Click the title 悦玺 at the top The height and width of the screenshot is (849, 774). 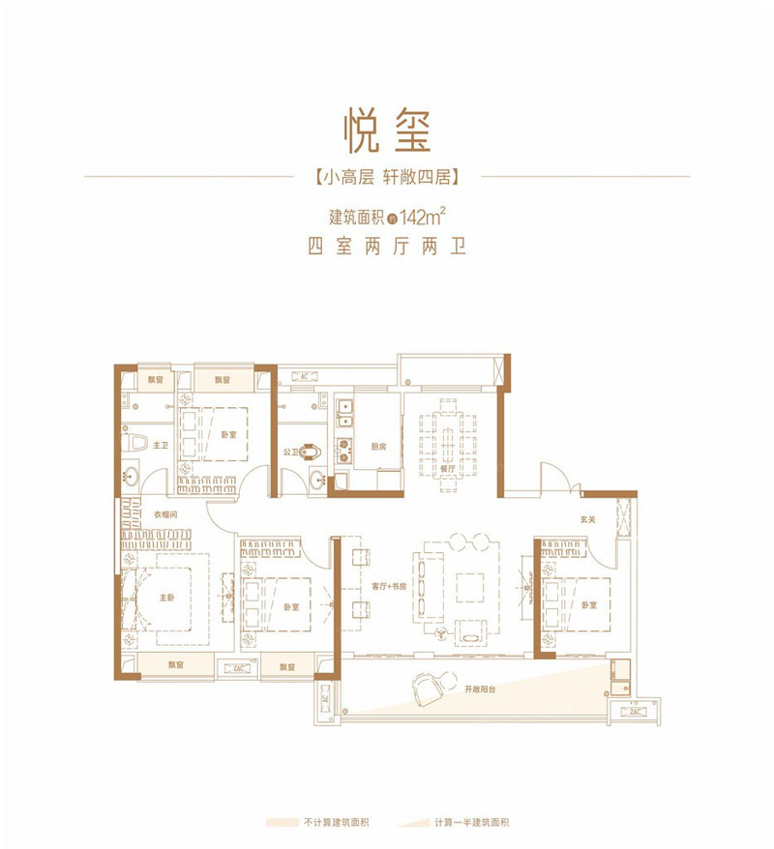click(x=386, y=132)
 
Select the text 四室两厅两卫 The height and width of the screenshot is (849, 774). click(x=386, y=247)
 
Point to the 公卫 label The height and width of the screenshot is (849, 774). click(x=289, y=450)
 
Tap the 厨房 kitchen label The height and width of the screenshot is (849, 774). click(x=378, y=447)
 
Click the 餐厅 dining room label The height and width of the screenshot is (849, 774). click(x=446, y=466)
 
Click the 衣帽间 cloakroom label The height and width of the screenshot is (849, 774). click(x=162, y=513)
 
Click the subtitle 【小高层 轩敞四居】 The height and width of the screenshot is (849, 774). click(x=386, y=177)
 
